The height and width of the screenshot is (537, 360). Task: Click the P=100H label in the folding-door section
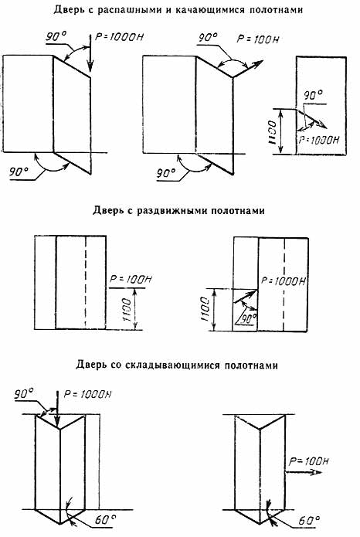[x=308, y=461]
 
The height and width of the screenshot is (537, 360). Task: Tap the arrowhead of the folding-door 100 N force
[x=317, y=472]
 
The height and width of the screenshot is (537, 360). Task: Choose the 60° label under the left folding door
[x=105, y=520]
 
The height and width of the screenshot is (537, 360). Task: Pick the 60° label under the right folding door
[x=309, y=521]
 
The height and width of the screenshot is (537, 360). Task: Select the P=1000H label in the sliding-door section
[x=284, y=281]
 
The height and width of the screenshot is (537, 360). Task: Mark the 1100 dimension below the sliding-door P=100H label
[x=127, y=310]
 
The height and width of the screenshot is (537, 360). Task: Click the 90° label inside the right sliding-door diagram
[x=249, y=318]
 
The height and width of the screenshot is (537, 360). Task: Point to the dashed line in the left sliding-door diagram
[x=86, y=283]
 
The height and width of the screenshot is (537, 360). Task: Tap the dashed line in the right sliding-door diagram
[x=284, y=284]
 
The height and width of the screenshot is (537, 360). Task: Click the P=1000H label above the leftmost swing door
[x=119, y=37]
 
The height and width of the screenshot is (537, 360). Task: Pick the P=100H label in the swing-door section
[x=258, y=39]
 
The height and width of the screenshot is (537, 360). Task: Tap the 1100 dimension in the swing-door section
[x=272, y=131]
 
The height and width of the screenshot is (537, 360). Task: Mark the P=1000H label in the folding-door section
[x=88, y=394]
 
